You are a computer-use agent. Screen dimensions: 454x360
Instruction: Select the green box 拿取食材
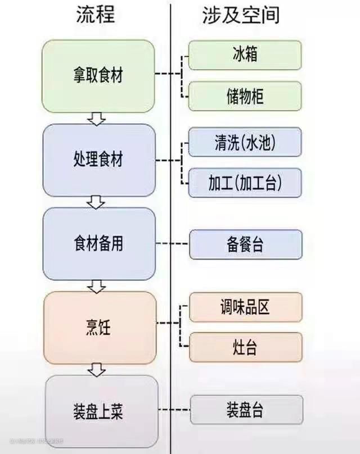[x=98, y=76]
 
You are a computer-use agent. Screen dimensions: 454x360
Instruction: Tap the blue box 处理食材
[x=98, y=160]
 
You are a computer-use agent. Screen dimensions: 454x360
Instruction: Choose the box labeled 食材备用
[x=98, y=244]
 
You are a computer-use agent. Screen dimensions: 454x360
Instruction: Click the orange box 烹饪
[x=98, y=328]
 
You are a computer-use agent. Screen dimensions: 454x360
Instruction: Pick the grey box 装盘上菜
[x=98, y=412]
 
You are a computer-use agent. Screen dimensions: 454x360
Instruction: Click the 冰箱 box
[x=245, y=55]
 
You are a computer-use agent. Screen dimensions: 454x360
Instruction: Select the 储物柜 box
[x=245, y=96]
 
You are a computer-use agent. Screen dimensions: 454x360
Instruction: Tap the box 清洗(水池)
[x=245, y=142]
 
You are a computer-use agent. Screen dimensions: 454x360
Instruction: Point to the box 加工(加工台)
[x=245, y=183]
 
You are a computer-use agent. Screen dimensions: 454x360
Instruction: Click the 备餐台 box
[x=245, y=244]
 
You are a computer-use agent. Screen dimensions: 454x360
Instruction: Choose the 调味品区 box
[x=245, y=307]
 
